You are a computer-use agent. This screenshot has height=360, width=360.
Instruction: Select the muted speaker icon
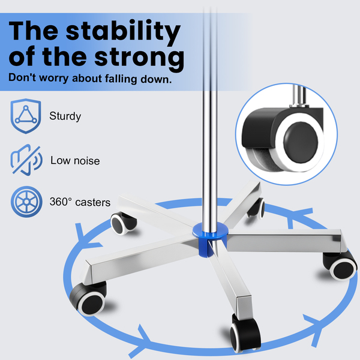(25, 160)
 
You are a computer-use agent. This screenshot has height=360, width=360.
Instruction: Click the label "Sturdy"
(65, 116)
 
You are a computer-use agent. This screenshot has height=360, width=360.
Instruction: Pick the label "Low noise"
(75, 161)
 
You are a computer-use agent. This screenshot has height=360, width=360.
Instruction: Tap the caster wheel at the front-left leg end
(90, 296)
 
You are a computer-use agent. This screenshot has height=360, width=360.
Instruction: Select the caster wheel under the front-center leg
(245, 332)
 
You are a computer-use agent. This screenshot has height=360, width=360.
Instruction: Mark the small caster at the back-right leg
(256, 208)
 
